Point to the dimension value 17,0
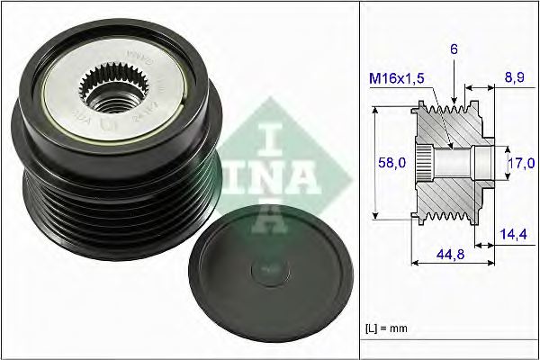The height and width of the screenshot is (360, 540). pos(521,163)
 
